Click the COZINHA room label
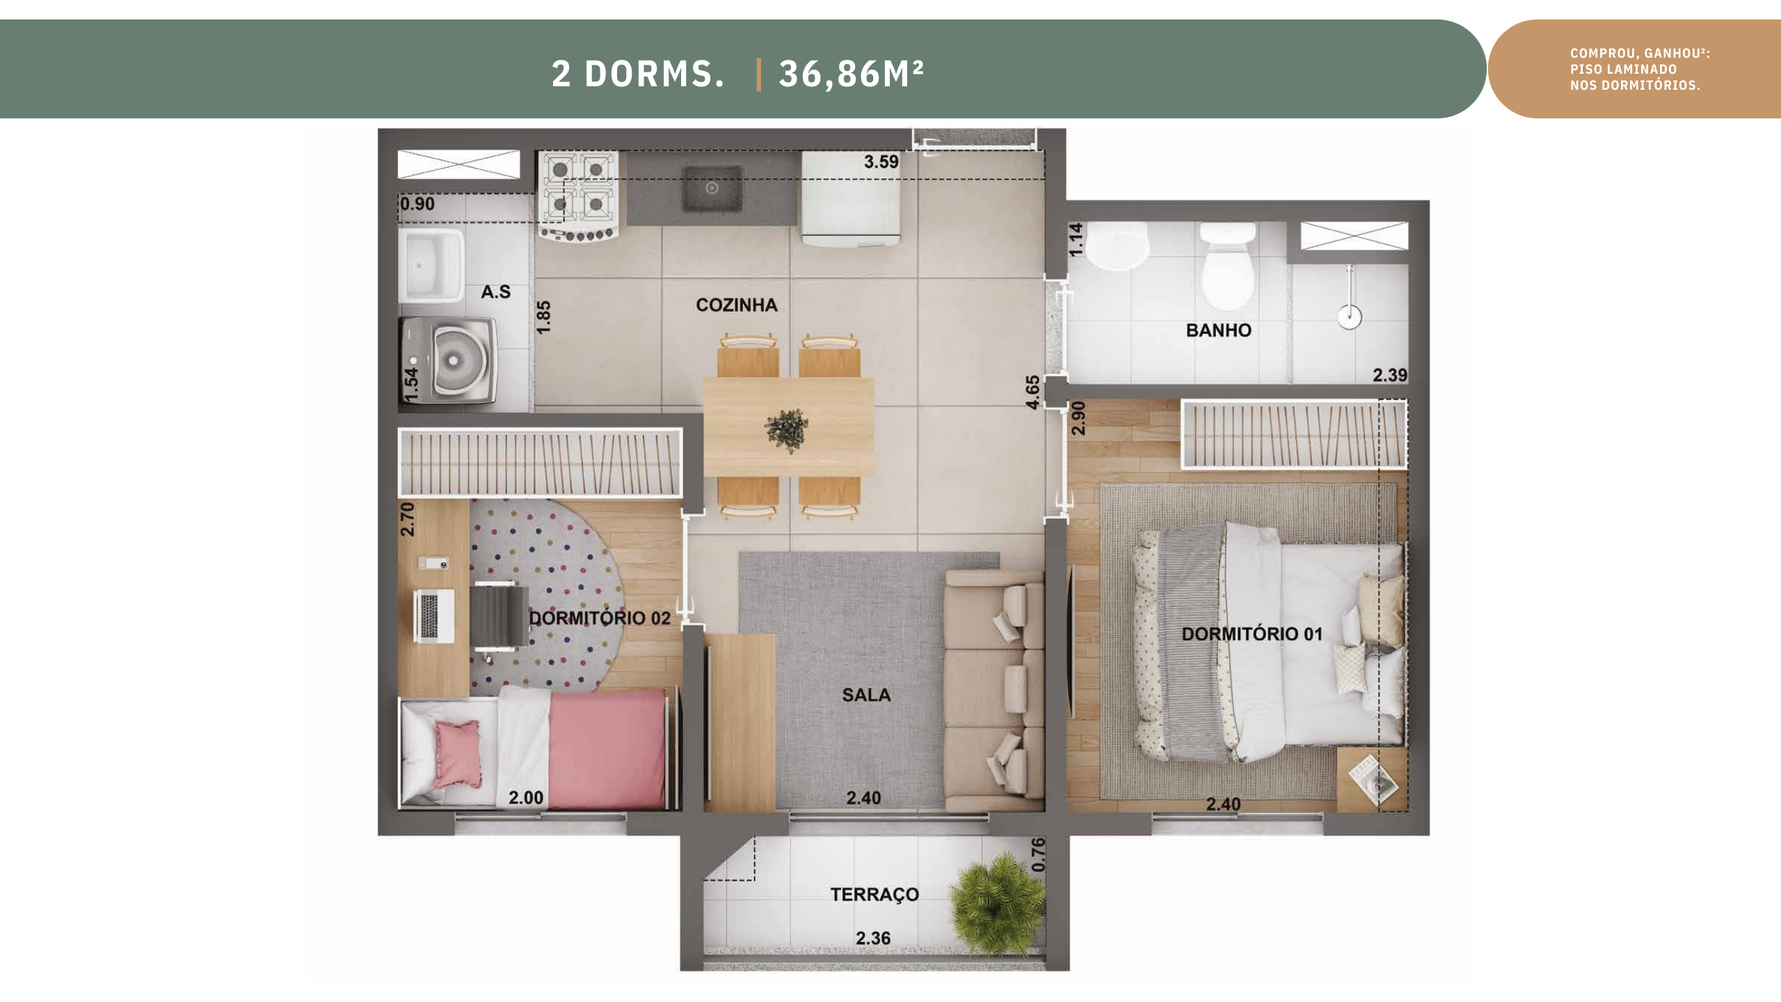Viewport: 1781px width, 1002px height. click(737, 305)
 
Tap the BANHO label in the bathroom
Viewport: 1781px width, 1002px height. click(1218, 330)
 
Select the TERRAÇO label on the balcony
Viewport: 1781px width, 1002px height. click(874, 895)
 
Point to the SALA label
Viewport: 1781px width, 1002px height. click(866, 694)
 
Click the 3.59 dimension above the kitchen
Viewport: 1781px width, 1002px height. click(881, 161)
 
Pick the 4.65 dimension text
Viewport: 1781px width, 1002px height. click(1033, 392)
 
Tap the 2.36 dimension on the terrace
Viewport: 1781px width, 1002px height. click(873, 938)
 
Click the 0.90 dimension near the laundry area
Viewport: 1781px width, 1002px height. click(417, 204)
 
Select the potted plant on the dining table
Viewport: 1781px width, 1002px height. click(788, 430)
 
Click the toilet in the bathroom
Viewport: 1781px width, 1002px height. click(1229, 265)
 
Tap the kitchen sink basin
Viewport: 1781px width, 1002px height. click(712, 189)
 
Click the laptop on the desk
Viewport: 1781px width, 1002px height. click(434, 616)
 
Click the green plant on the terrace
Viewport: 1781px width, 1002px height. click(996, 903)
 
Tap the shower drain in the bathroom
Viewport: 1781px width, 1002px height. click(1349, 317)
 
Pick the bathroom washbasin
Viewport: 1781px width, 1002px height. click(1117, 246)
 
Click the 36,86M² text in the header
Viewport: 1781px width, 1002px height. click(851, 73)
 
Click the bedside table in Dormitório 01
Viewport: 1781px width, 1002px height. click(1371, 780)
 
